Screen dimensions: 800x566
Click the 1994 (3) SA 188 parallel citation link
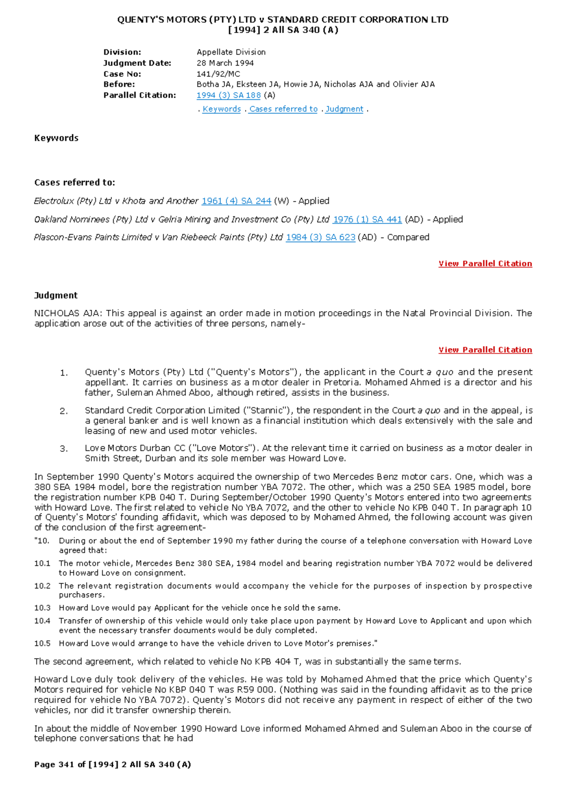tap(228, 95)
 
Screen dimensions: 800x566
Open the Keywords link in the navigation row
tap(222, 109)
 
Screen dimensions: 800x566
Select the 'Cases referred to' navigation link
tap(283, 109)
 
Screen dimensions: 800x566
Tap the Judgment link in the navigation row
tap(344, 109)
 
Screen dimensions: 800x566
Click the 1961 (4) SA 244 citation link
tap(236, 201)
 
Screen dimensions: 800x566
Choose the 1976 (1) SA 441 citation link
tap(367, 219)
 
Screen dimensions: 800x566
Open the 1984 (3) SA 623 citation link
tap(320, 237)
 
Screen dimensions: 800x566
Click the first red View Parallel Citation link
tap(485, 263)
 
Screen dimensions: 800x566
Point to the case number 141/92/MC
tap(218, 74)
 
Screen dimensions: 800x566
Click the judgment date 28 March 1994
tap(225, 63)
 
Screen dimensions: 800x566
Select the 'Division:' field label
tap(122, 52)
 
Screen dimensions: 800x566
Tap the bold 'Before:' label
tap(119, 84)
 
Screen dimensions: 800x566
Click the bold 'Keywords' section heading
tap(56, 138)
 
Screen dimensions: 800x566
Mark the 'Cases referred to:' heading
tap(75, 182)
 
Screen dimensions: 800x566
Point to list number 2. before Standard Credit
tap(64, 411)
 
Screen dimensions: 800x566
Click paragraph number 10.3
tap(42, 608)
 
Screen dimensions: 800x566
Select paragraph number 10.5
tap(42, 643)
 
